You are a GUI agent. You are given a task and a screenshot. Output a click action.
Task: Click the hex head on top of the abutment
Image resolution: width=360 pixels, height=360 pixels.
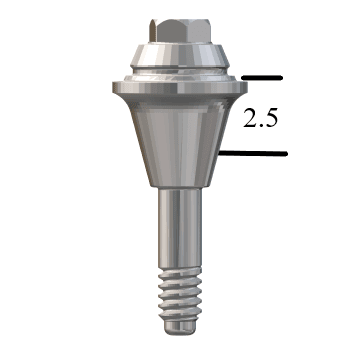[180, 31]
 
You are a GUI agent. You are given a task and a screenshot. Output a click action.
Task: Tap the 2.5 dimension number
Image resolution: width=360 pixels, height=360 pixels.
[260, 118]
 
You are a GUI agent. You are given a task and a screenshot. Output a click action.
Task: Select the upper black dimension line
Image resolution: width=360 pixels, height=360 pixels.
[262, 78]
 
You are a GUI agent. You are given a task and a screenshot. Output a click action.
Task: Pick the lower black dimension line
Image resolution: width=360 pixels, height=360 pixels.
[253, 153]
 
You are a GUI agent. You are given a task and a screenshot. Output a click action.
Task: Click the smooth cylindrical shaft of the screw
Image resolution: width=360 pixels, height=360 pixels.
[180, 228]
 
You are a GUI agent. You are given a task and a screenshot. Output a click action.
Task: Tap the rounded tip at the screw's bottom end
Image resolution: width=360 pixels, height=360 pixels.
[180, 328]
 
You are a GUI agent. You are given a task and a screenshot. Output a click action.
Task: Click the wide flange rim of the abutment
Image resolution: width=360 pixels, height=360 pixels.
[180, 87]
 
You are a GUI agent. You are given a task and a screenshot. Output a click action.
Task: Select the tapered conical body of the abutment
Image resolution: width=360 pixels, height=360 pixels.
[180, 140]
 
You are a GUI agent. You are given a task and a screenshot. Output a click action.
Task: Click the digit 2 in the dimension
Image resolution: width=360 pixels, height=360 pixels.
[250, 118]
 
